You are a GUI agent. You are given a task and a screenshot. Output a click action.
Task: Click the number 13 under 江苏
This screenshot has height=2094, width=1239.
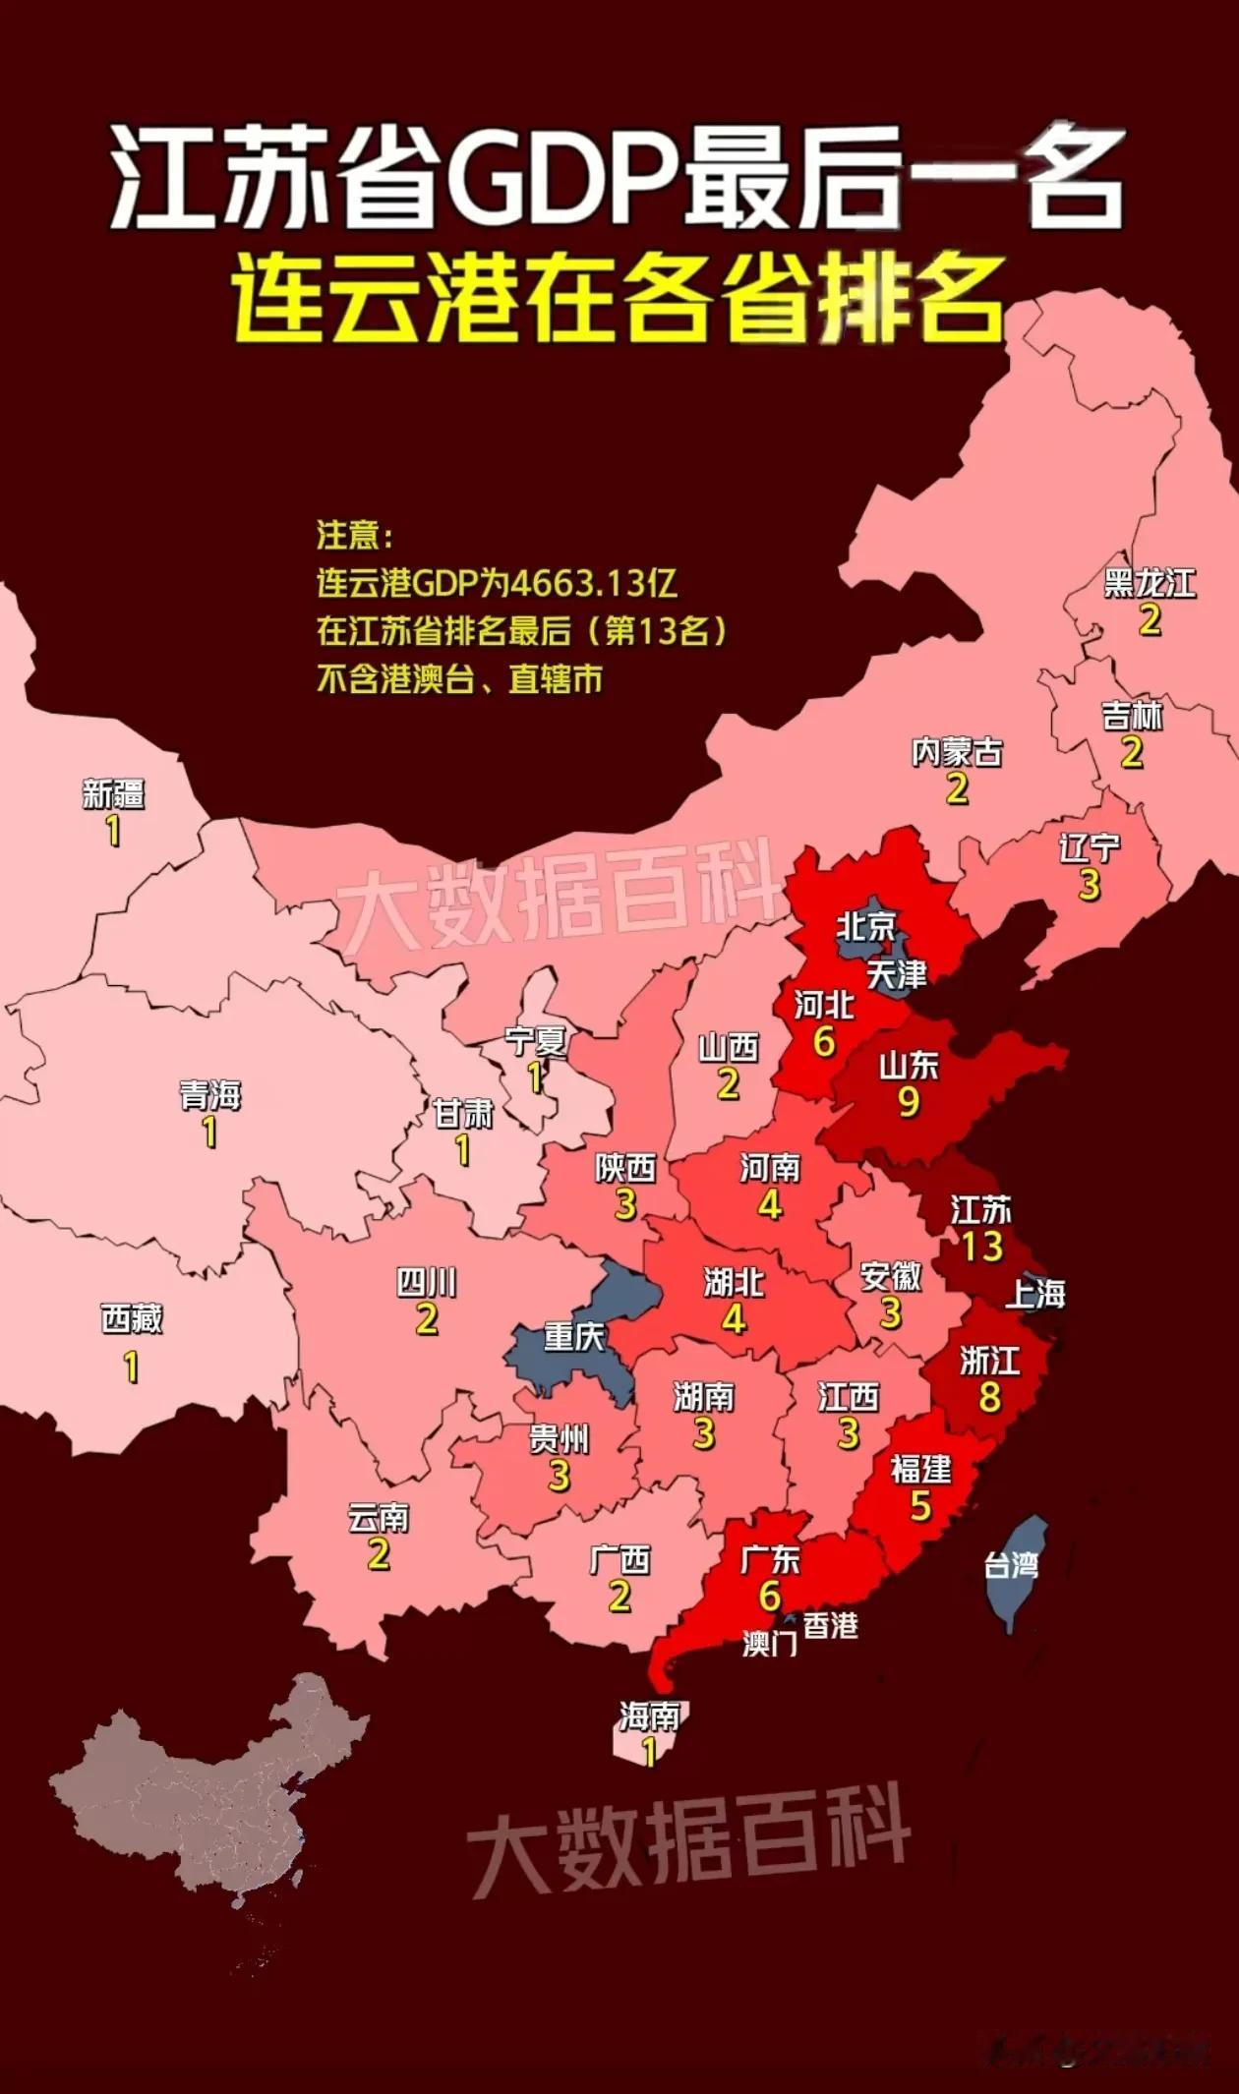[981, 1247]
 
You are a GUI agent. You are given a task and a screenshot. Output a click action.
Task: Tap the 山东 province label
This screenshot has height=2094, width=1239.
[908, 1066]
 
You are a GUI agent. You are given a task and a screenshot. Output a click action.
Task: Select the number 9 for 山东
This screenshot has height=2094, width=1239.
[909, 1102]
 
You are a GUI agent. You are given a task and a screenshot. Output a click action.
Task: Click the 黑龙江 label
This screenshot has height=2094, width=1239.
[1149, 583]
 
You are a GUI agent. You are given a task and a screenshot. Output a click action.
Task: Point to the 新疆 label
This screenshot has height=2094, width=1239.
[113, 794]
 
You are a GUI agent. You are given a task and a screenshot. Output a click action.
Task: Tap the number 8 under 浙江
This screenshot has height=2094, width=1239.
[989, 1397]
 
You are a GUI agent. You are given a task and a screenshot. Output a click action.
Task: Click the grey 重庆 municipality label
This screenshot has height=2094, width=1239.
[574, 1336]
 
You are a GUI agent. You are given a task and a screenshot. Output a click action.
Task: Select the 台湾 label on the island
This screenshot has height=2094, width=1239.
[1012, 1565]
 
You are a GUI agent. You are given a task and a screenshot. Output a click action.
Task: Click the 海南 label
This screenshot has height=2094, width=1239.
[649, 1716]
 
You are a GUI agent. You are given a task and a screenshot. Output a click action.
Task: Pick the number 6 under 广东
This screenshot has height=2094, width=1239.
[770, 1596]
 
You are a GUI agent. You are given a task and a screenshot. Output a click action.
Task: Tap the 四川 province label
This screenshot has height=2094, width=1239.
[426, 1282]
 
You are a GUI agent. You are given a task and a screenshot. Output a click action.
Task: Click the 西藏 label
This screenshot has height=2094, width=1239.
[131, 1319]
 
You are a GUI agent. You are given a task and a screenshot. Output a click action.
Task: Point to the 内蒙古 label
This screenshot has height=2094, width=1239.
[957, 753]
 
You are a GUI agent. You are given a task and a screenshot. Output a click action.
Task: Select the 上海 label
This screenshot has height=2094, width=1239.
[1034, 1295]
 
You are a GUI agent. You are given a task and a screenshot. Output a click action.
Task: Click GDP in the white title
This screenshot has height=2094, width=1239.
[559, 184]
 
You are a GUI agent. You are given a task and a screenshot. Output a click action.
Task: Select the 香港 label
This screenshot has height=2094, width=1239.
[831, 1626]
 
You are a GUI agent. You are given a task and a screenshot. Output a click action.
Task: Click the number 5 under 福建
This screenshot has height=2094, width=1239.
[920, 1506]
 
